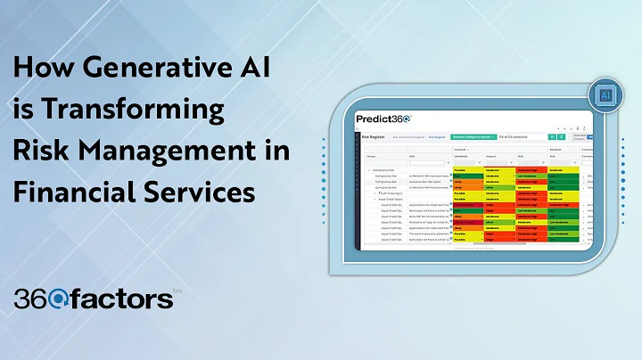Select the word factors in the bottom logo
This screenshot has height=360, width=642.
[125, 299]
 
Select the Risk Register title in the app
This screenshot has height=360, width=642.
[373, 138]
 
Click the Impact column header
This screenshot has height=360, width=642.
[493, 155]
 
